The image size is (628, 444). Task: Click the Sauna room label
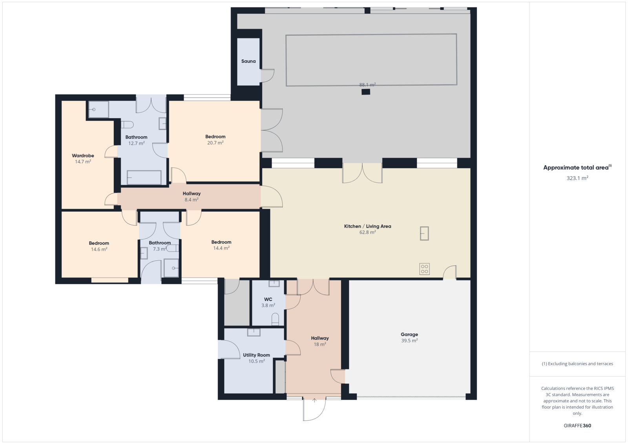(248, 61)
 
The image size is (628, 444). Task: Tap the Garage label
(409, 334)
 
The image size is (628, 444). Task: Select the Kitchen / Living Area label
(367, 226)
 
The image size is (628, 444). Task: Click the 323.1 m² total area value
(577, 178)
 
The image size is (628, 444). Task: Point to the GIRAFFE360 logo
(577, 426)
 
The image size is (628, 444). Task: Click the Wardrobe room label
(83, 155)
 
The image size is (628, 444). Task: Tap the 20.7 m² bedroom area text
(215, 143)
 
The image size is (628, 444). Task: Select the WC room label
(268, 299)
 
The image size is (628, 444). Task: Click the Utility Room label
(257, 355)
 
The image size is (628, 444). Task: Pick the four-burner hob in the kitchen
(424, 269)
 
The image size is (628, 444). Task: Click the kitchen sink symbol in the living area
(424, 233)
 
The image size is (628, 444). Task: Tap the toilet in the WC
(275, 319)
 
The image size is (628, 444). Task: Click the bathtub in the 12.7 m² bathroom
(144, 177)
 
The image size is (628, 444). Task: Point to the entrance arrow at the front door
(314, 400)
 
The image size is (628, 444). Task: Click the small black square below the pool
(365, 92)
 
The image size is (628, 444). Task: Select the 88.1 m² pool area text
(367, 85)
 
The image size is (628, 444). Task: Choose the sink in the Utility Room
(254, 332)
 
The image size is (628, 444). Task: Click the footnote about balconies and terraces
(577, 364)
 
